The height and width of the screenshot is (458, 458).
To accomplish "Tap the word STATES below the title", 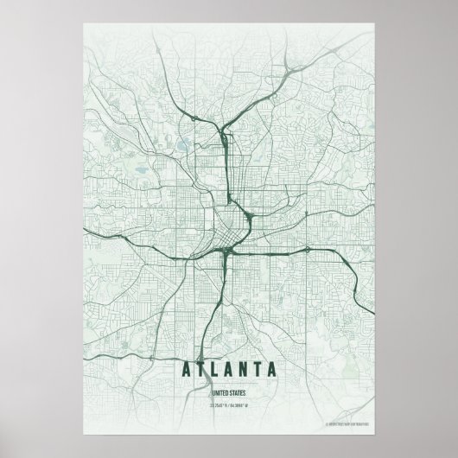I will tap(239, 391).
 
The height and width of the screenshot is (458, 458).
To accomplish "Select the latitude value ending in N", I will tap(218, 403).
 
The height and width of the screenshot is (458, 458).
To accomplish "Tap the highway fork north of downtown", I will tap(223, 133).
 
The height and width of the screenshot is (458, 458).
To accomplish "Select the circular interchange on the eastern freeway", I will tap(308, 250).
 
